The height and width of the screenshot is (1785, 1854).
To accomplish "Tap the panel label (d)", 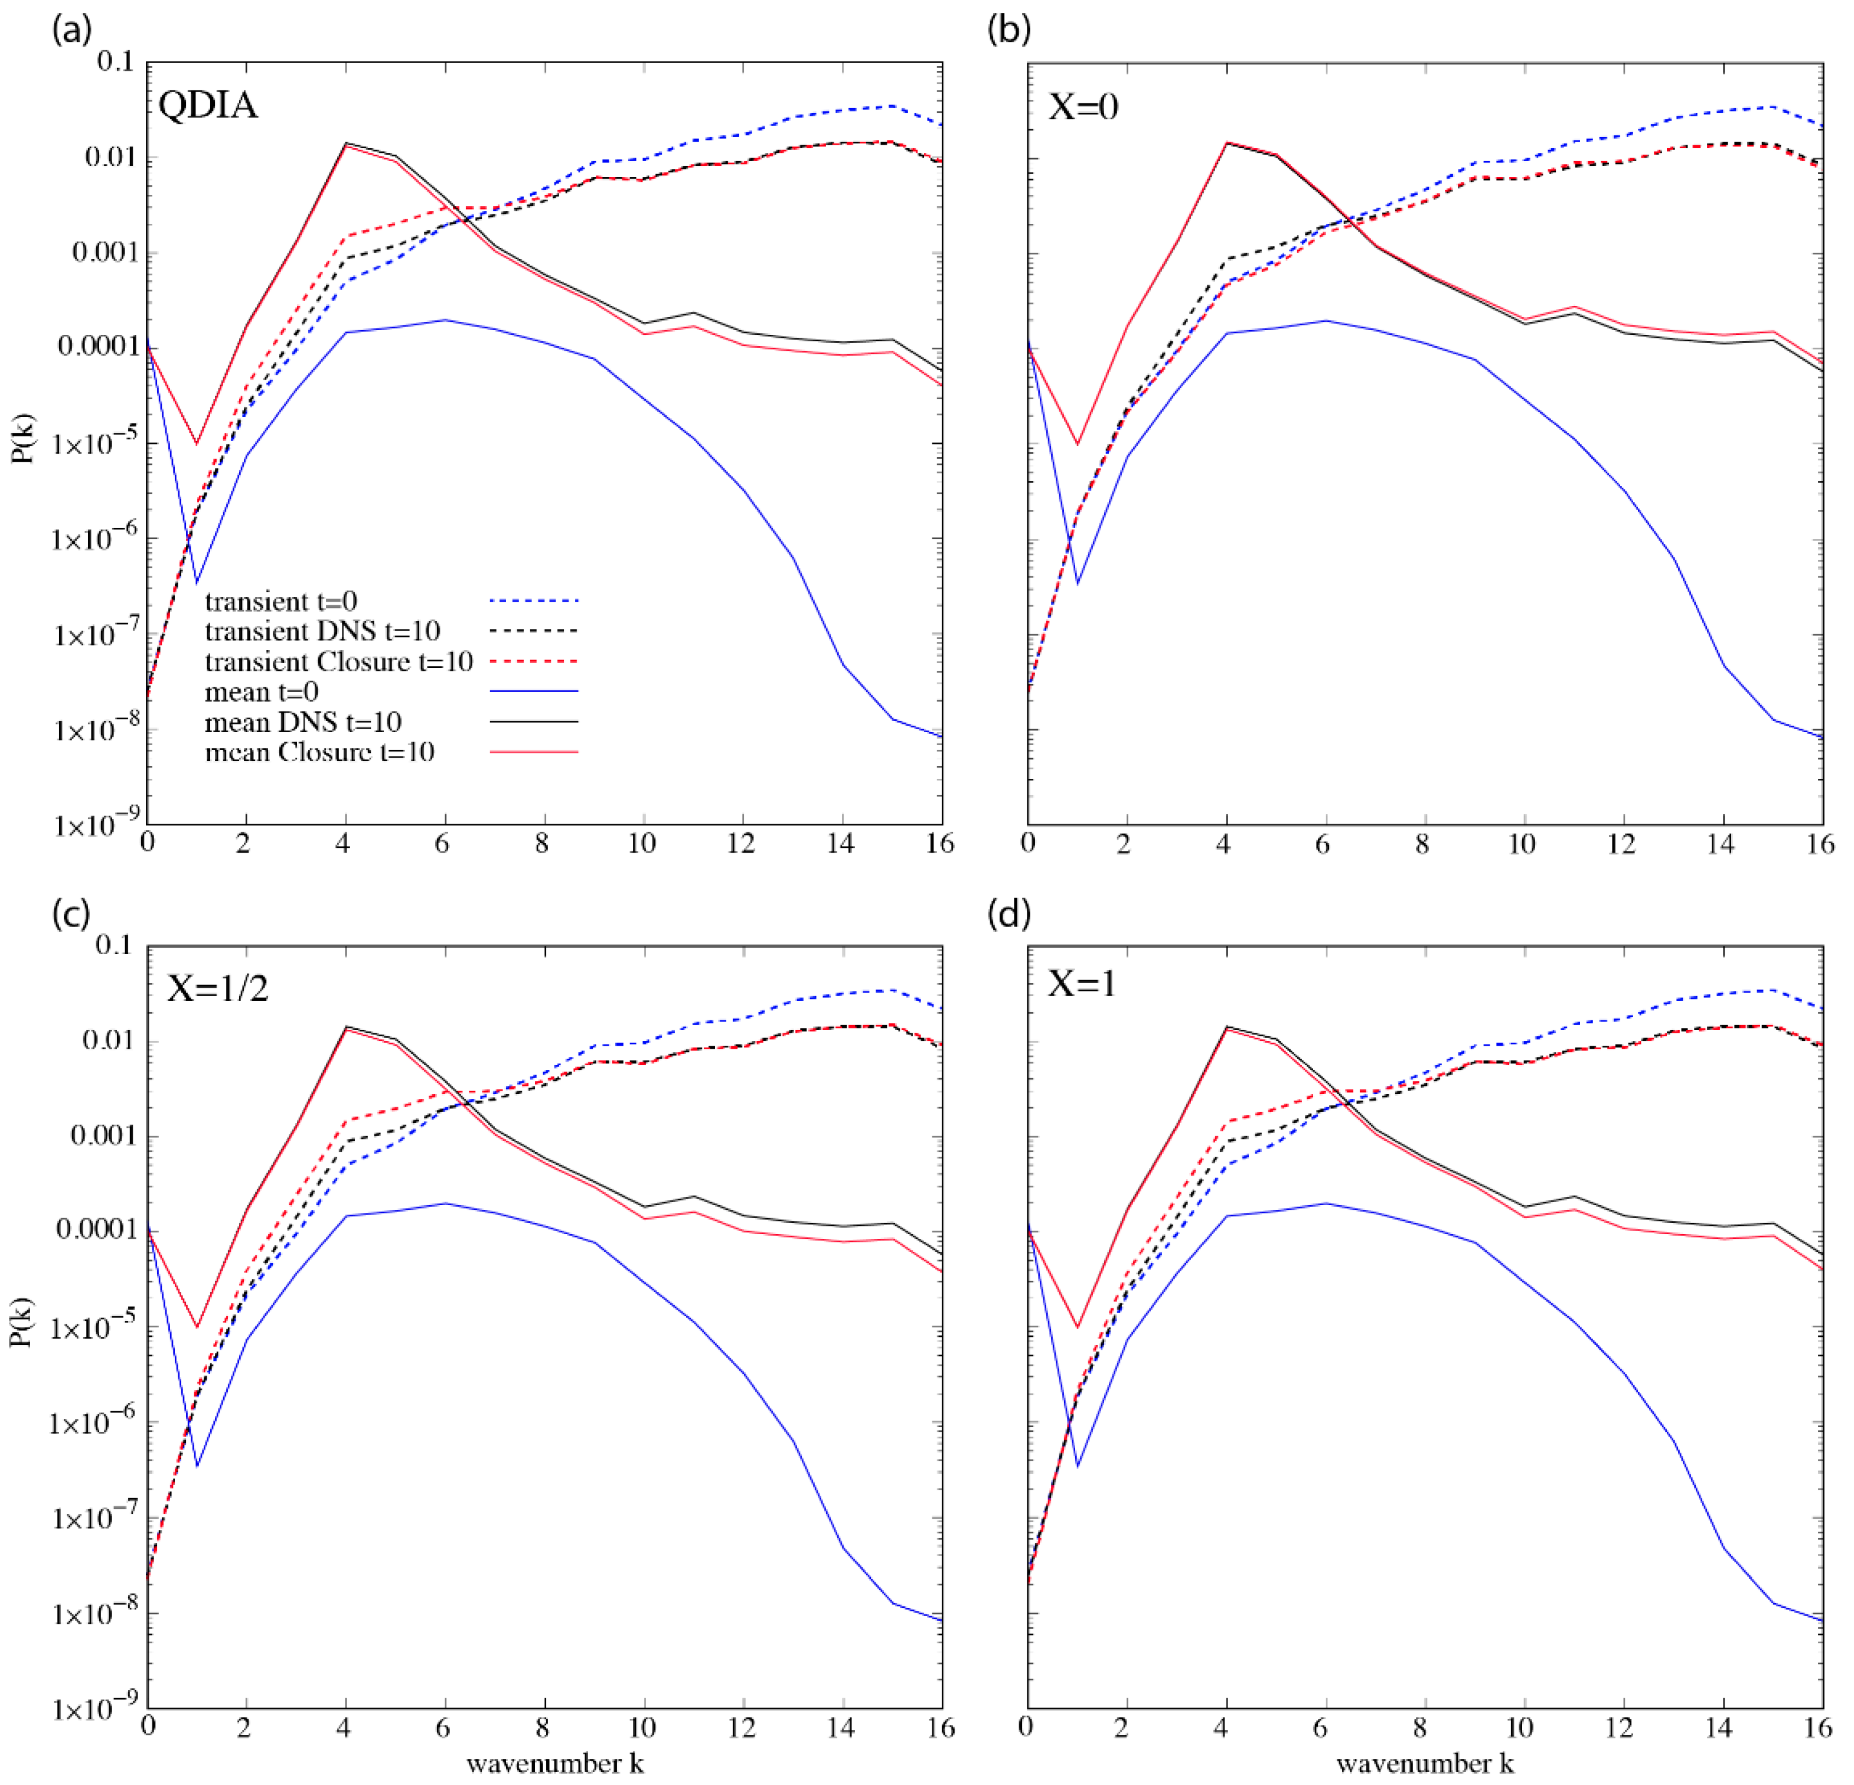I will click(1009, 914).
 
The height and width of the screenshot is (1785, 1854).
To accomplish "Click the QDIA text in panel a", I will click(208, 104).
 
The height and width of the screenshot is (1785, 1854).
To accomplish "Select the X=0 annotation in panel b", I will click(1084, 106).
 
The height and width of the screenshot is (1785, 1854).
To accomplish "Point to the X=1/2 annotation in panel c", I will click(217, 988).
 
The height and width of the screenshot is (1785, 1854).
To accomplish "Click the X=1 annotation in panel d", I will click(1082, 984).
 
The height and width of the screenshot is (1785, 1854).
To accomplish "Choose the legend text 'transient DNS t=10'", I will click(322, 631).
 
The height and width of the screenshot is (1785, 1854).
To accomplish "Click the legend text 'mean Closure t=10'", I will click(319, 752).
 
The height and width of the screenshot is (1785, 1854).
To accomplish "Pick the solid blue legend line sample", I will click(534, 691).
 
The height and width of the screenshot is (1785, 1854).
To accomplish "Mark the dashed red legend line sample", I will click(534, 661).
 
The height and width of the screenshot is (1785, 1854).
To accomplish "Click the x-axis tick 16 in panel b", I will click(1819, 844).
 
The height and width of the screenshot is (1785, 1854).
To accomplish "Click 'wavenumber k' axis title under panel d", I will click(1425, 1763).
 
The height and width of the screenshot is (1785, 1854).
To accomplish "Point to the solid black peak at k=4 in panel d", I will click(1227, 1026).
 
